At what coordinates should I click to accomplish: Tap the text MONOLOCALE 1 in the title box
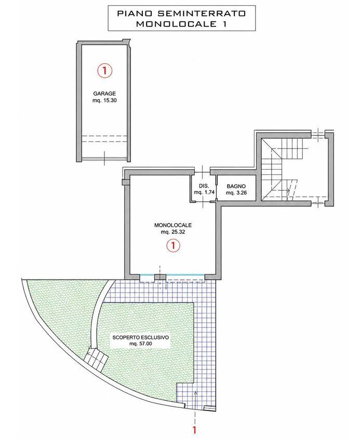181,24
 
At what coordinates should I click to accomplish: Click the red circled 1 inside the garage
104,71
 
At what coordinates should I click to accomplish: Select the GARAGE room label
104,94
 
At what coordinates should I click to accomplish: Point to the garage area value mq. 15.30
104,100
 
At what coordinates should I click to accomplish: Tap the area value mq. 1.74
204,193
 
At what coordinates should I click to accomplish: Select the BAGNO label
236,186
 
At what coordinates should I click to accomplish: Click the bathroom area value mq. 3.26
236,193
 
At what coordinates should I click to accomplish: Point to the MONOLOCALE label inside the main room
173,225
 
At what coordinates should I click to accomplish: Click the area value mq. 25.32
173,232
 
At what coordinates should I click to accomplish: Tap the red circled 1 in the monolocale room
173,245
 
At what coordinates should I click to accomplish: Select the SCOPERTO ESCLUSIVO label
141,337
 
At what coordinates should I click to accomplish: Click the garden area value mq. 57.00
141,344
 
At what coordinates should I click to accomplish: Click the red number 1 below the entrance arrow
195,429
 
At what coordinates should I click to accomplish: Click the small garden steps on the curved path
96,359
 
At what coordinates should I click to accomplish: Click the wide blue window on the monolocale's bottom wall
185,276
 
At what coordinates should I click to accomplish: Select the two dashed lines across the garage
104,139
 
